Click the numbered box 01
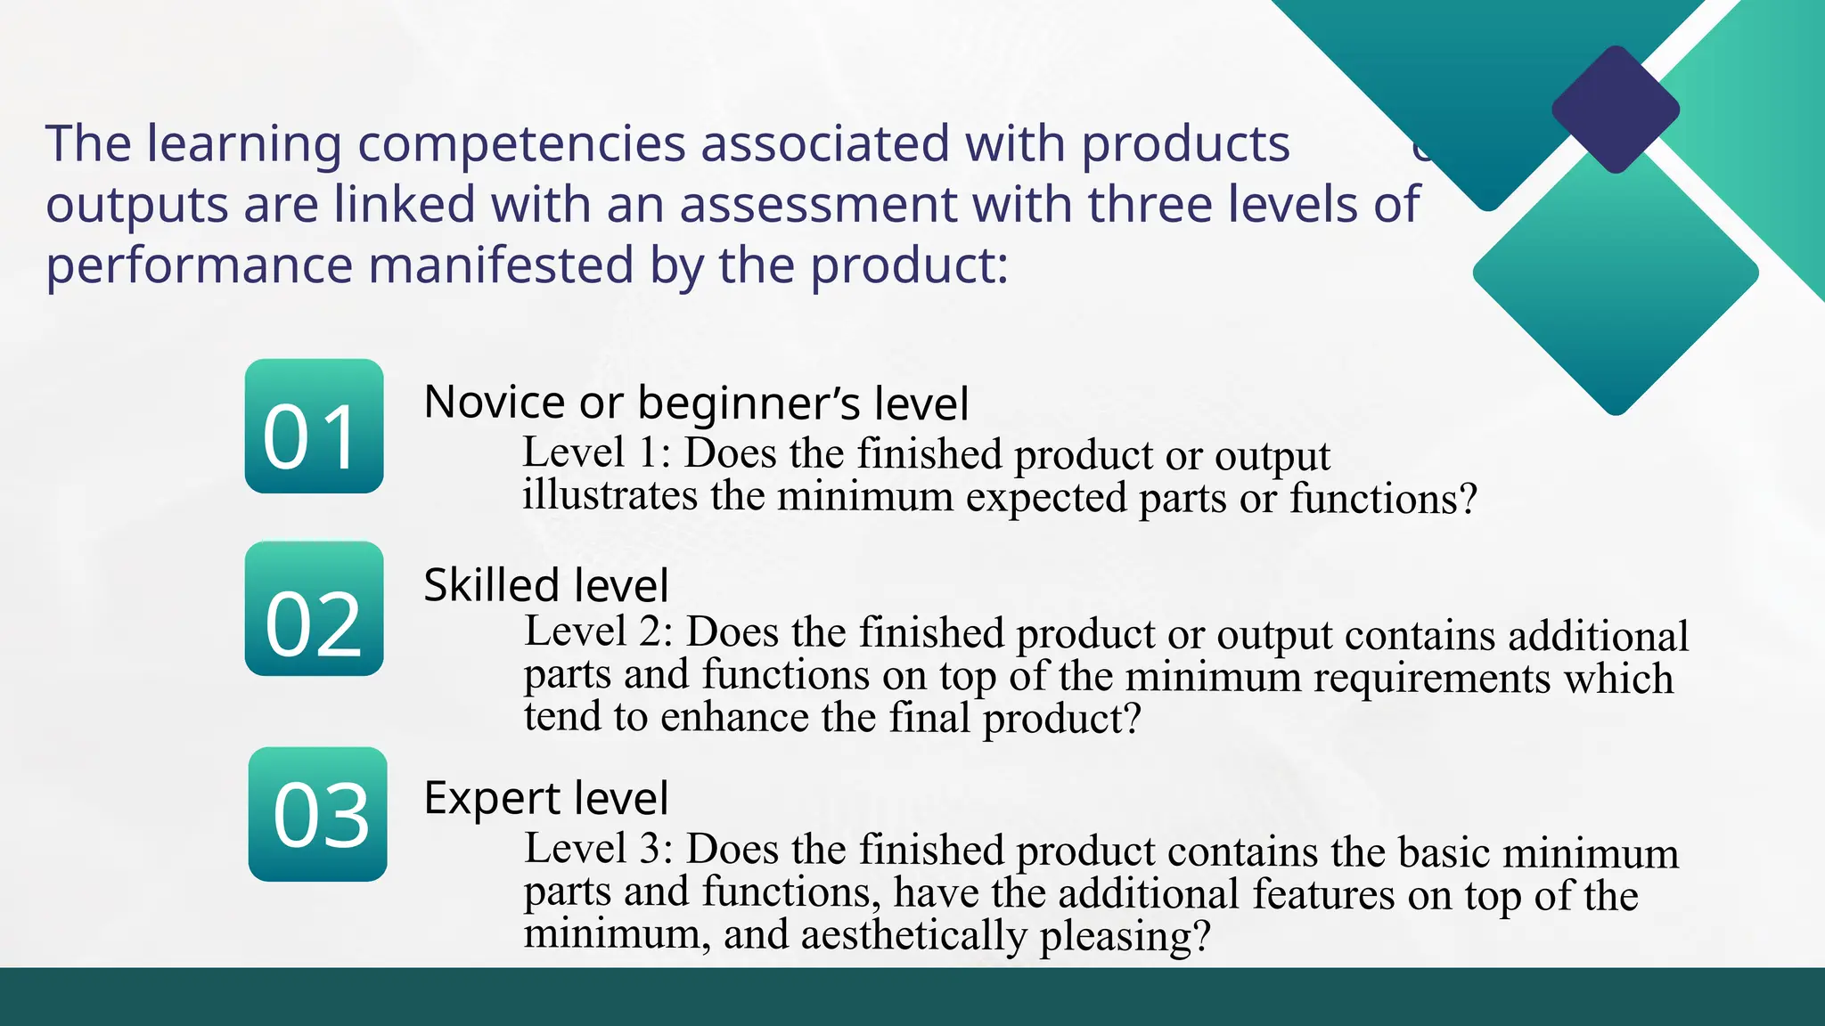click(x=314, y=426)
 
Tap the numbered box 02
click(x=314, y=608)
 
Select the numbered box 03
click(x=317, y=814)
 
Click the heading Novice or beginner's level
click(x=695, y=403)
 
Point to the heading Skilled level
click(x=545, y=585)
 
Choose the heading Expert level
click(x=545, y=797)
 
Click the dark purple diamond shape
click(x=1616, y=110)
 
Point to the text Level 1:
click(x=596, y=452)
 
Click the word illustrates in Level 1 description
click(x=610, y=495)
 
